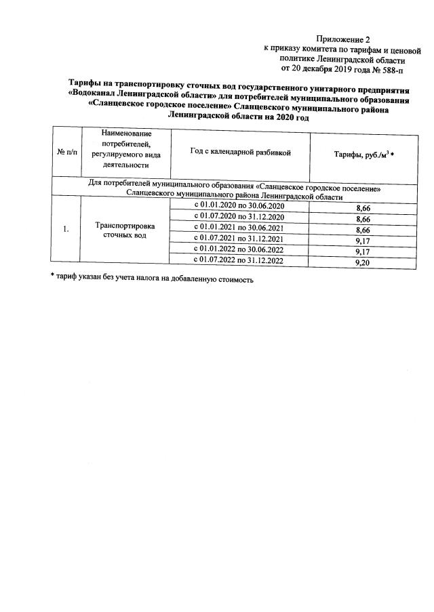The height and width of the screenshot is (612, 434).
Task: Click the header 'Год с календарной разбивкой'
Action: (x=240, y=153)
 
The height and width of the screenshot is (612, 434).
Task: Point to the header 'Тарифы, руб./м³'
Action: (x=363, y=156)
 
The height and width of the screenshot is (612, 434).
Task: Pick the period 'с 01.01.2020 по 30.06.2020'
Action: (x=239, y=206)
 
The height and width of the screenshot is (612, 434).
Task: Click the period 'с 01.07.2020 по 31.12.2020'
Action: (x=239, y=217)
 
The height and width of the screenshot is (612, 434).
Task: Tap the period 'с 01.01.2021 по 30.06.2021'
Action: (x=239, y=228)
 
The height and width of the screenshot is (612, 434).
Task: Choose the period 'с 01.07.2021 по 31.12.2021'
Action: (x=239, y=239)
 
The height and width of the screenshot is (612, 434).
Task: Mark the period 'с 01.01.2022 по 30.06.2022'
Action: (x=239, y=250)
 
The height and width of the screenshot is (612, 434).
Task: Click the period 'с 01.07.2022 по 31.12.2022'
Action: (x=239, y=261)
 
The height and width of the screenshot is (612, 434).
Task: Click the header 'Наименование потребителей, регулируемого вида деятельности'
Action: (x=125, y=148)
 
